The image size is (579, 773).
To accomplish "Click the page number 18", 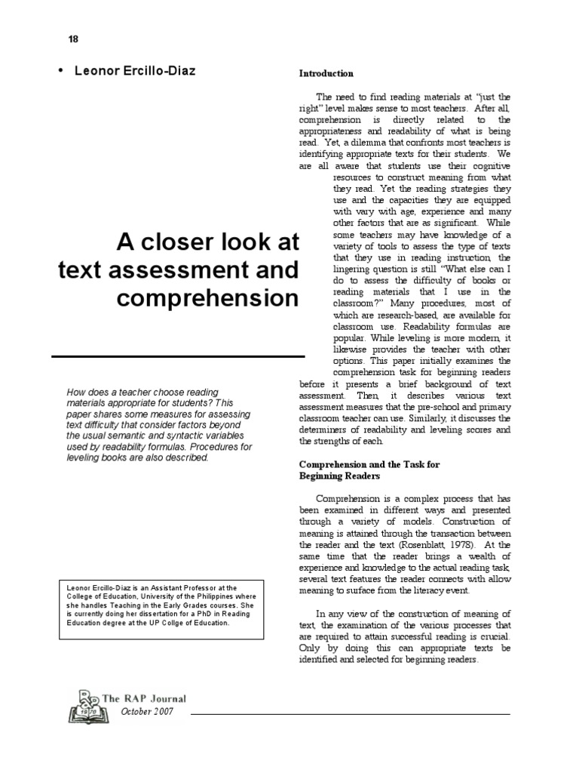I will pyautogui.click(x=73, y=38).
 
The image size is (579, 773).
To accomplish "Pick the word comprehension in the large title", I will pyautogui.click(x=208, y=298).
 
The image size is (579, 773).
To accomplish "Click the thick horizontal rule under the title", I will pyautogui.click(x=178, y=356).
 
